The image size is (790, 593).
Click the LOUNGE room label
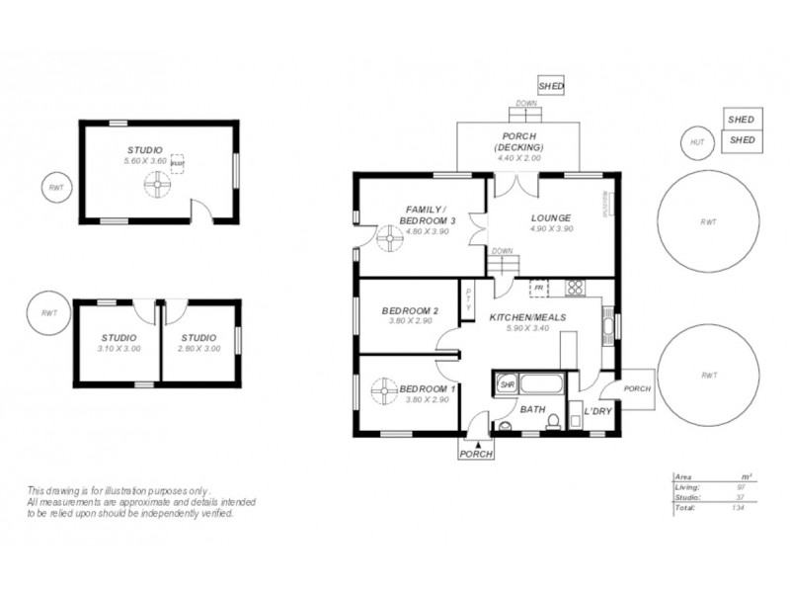click(551, 216)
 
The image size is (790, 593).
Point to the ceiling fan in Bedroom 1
click(382, 392)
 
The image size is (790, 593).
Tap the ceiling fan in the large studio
click(155, 184)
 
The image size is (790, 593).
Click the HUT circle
click(698, 143)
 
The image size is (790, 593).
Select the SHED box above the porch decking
click(551, 87)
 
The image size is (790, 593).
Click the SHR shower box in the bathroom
click(507, 383)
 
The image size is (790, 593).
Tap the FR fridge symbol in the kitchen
click(538, 289)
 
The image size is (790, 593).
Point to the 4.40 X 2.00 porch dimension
click(518, 158)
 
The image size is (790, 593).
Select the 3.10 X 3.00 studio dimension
click(118, 348)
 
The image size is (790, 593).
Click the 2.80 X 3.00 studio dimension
click(198, 348)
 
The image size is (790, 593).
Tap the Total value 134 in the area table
click(737, 507)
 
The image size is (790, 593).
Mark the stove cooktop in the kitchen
click(575, 289)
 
